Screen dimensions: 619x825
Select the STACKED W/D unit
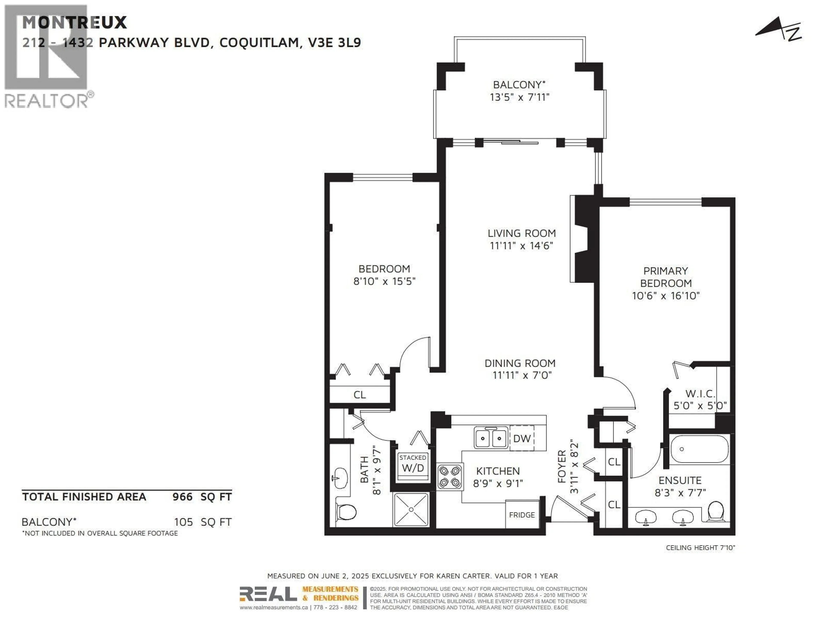tap(412, 464)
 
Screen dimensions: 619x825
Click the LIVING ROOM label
tap(521, 233)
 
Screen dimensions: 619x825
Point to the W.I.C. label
tap(700, 394)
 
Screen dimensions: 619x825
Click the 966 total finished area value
tap(182, 497)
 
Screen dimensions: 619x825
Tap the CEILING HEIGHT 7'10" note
tap(700, 548)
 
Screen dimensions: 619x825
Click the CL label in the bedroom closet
tap(359, 395)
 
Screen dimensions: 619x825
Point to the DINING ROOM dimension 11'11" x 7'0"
tap(521, 375)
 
